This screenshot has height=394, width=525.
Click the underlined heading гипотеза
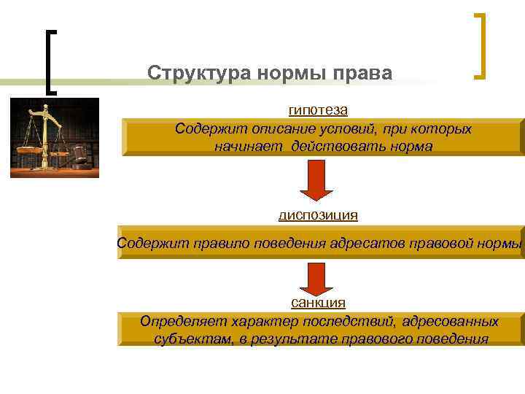click(318, 110)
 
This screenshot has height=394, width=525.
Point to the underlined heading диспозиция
click(318, 215)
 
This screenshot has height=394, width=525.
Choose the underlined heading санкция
click(318, 302)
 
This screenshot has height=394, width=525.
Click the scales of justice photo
click(54, 138)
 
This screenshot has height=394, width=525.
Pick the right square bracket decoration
click(479, 45)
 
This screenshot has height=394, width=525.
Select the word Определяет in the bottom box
click(182, 321)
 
